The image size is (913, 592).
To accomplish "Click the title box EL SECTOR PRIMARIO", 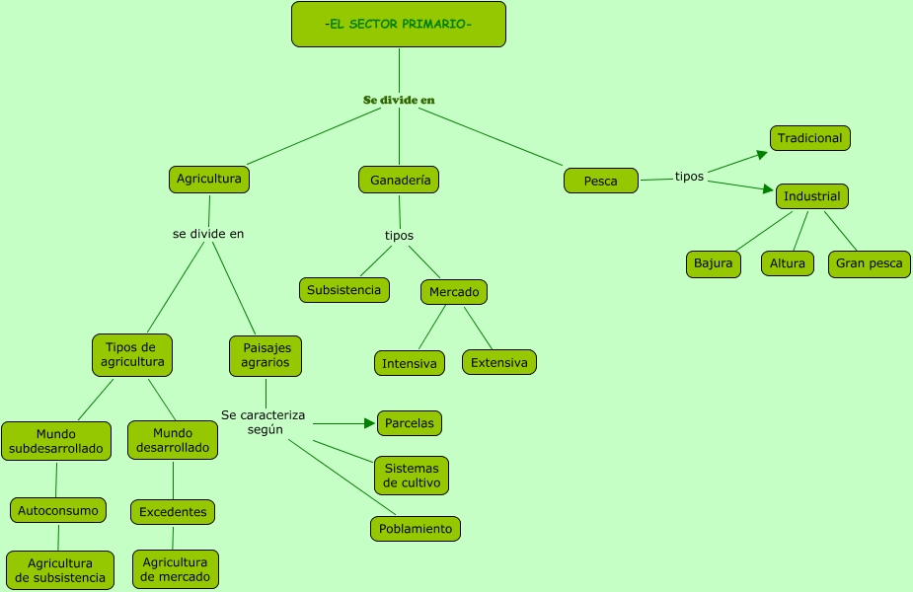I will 398,24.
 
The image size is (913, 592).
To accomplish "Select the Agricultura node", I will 208,179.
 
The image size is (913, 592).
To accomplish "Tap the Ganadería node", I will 399,180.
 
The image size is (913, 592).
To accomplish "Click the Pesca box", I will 601,181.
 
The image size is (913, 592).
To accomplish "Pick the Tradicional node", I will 809,138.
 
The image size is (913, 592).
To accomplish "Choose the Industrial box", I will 811,196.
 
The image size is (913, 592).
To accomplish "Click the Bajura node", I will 713,263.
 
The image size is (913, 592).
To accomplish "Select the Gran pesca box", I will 869,263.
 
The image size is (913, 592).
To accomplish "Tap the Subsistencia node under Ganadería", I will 343,290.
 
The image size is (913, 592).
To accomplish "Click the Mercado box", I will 454,292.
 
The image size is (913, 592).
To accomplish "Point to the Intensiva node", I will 409,363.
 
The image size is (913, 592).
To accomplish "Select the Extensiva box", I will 498,362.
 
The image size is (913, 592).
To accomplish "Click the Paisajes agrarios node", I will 266,355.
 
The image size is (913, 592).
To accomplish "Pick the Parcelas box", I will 409,423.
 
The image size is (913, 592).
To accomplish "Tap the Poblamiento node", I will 416,529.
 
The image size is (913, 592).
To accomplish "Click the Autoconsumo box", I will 58,510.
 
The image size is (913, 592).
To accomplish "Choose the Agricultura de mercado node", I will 175,569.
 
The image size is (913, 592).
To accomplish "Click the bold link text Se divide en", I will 399,100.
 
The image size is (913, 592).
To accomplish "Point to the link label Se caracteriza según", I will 264,422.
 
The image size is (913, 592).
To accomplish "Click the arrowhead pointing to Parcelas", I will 370,423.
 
